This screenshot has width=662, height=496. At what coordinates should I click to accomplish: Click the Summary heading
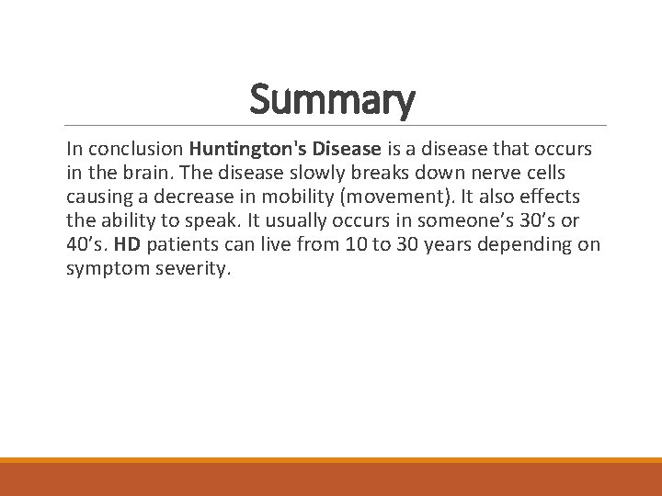[332, 100]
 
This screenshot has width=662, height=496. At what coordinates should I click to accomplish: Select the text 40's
[86, 243]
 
